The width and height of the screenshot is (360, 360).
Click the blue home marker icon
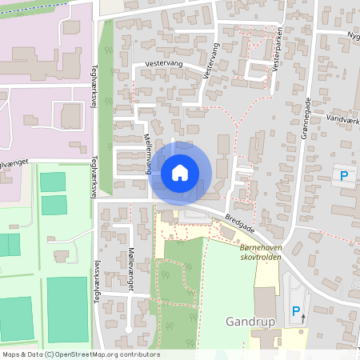[x=180, y=171]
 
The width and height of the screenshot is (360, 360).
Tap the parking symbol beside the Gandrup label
[x=295, y=310]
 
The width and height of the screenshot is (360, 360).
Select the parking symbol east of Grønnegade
[x=345, y=175]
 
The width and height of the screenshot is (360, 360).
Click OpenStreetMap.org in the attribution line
[x=103, y=354]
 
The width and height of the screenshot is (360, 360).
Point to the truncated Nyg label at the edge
[x=352, y=36]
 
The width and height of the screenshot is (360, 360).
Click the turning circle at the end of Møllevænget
[x=127, y=329]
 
